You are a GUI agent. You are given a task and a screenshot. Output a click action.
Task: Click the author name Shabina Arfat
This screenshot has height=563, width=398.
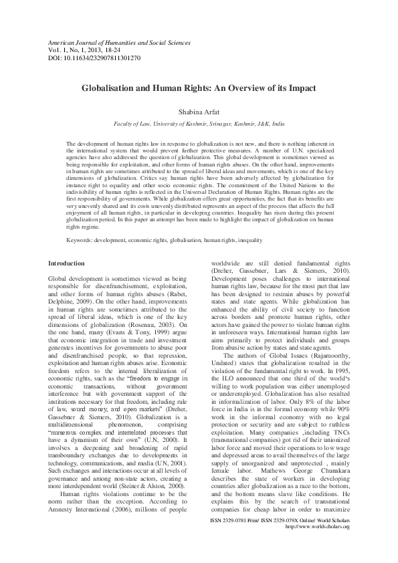pos(199,112)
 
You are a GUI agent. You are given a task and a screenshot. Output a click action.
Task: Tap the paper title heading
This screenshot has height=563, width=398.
pos(199,88)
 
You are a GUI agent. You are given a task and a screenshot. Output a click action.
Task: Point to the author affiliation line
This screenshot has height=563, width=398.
pos(199,124)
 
